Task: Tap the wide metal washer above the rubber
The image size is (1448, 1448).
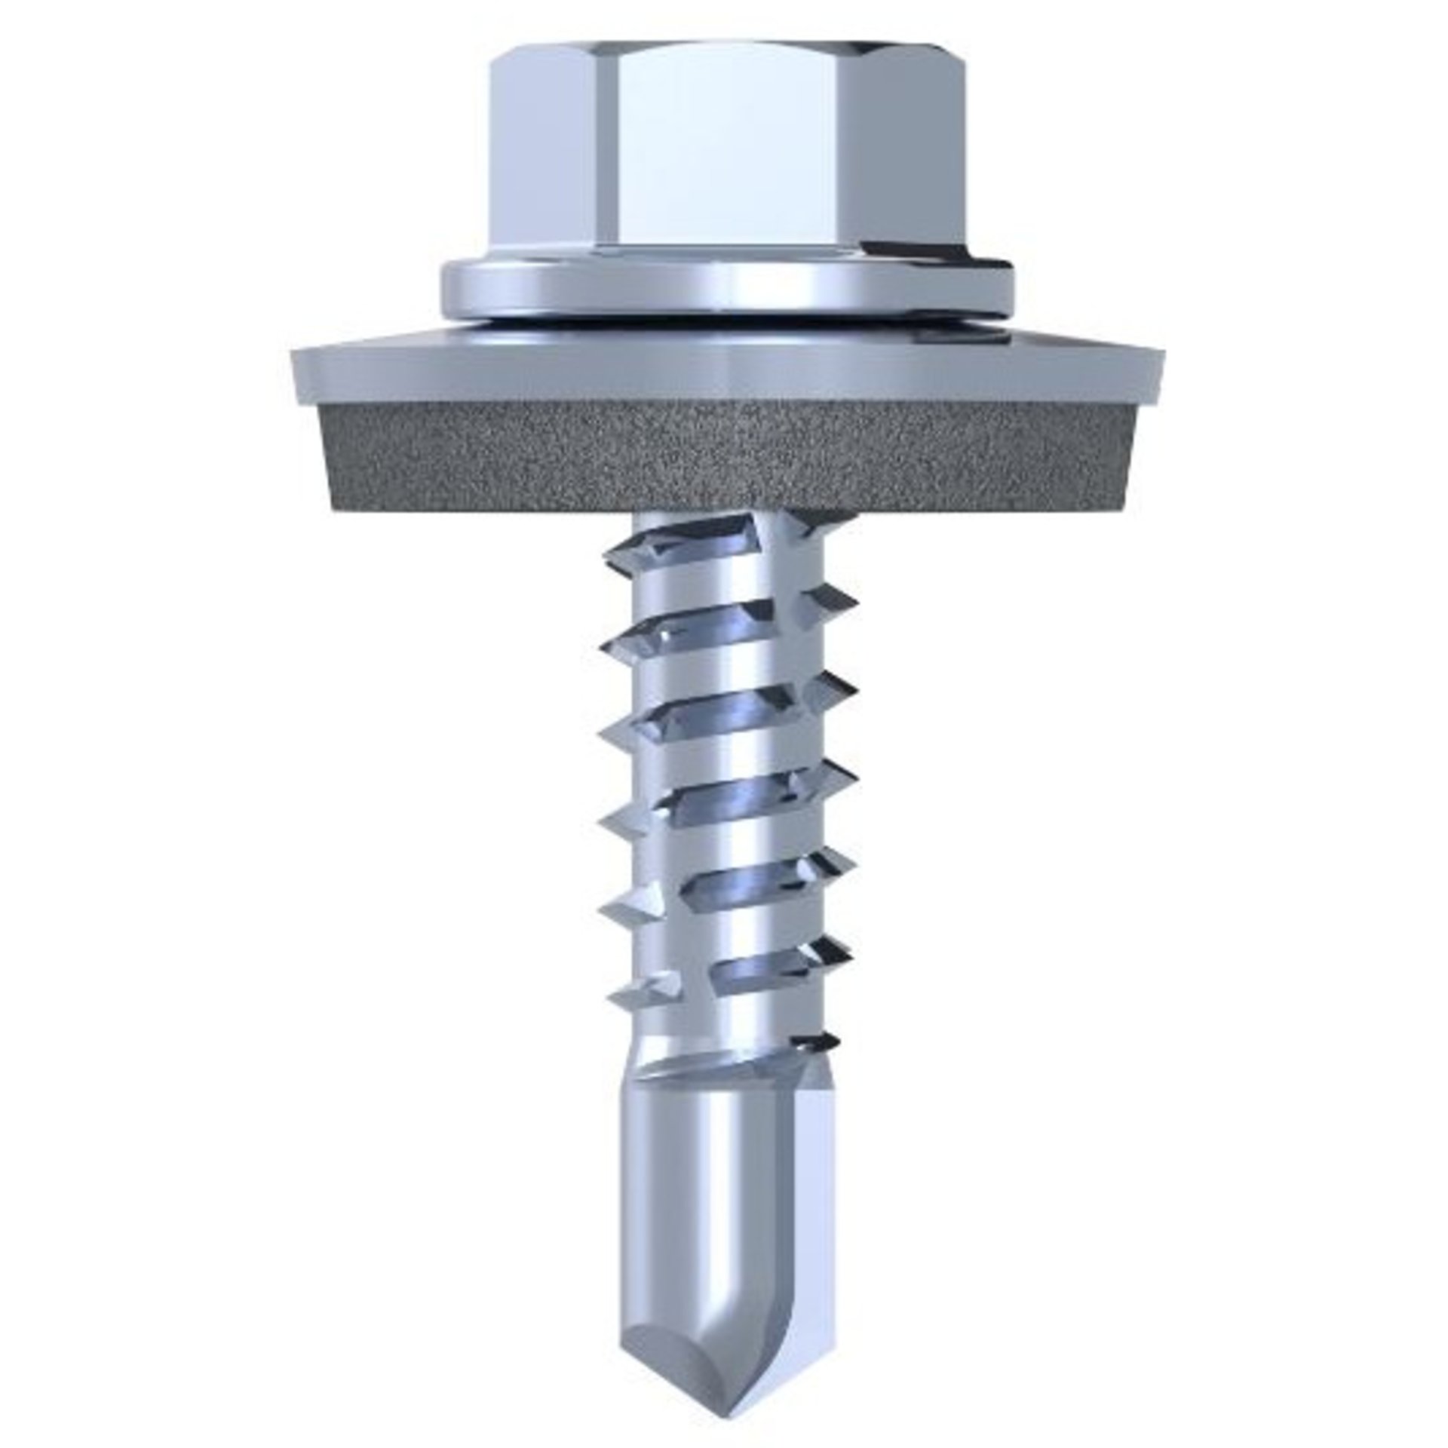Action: click(x=724, y=370)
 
